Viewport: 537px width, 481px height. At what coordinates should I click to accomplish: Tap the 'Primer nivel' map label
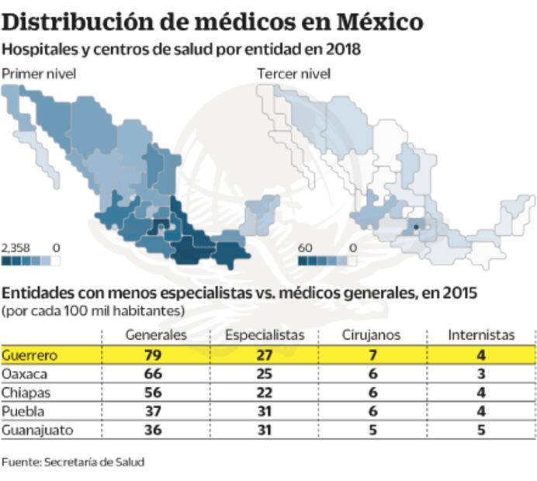(38, 74)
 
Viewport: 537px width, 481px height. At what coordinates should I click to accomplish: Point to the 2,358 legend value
(16, 247)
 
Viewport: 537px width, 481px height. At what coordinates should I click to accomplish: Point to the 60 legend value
(306, 247)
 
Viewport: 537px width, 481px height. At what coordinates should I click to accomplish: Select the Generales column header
(156, 335)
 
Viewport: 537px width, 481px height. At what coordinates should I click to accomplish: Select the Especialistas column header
(265, 335)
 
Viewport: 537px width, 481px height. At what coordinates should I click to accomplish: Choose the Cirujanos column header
(371, 335)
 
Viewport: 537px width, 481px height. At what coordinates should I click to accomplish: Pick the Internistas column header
(481, 335)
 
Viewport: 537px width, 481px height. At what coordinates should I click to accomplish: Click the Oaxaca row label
(24, 373)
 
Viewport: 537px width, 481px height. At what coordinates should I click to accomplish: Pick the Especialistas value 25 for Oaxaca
(265, 373)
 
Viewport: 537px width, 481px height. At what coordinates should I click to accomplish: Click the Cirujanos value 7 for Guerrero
(372, 355)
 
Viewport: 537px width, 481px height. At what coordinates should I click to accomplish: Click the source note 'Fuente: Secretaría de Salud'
(73, 462)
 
